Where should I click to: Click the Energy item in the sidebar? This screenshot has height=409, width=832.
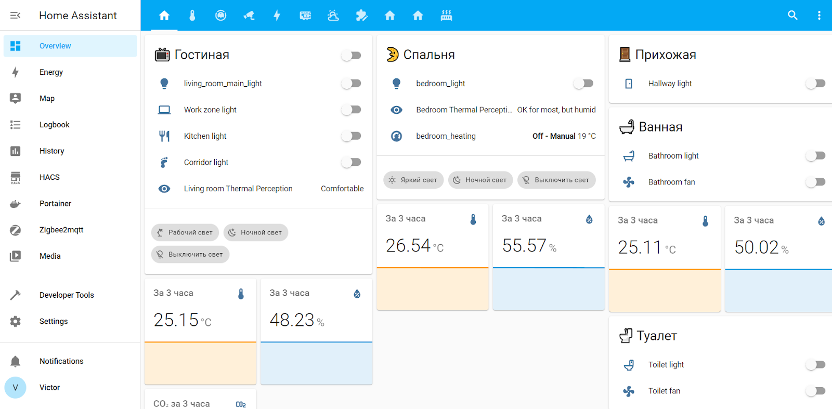[x=51, y=72]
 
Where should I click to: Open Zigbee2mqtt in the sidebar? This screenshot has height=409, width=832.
[x=61, y=230]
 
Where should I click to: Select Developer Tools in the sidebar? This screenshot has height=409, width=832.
[x=67, y=295]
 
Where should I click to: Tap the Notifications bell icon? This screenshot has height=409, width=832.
[x=16, y=361]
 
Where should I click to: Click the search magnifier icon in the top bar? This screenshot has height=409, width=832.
[x=792, y=15]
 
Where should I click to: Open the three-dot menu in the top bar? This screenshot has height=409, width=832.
[x=819, y=15]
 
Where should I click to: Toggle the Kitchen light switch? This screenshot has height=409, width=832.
[x=352, y=136]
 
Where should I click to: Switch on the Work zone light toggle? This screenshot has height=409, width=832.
[x=352, y=110]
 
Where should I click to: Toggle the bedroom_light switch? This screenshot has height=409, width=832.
[x=583, y=83]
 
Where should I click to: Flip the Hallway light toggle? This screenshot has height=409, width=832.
[x=815, y=83]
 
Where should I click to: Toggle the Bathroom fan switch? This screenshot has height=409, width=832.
[x=815, y=182]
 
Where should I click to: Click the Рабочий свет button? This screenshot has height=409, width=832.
[x=185, y=232]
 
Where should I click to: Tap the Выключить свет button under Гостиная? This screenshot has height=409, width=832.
[x=190, y=255]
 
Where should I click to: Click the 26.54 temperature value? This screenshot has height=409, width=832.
[x=408, y=245]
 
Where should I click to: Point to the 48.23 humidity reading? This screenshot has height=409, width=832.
[x=292, y=320]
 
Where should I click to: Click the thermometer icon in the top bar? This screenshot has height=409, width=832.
[x=192, y=16]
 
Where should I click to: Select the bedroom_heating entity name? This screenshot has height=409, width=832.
[x=446, y=136]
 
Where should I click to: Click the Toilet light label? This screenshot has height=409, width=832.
[x=666, y=365]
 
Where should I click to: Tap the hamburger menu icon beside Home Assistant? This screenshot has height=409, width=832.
[x=15, y=16]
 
